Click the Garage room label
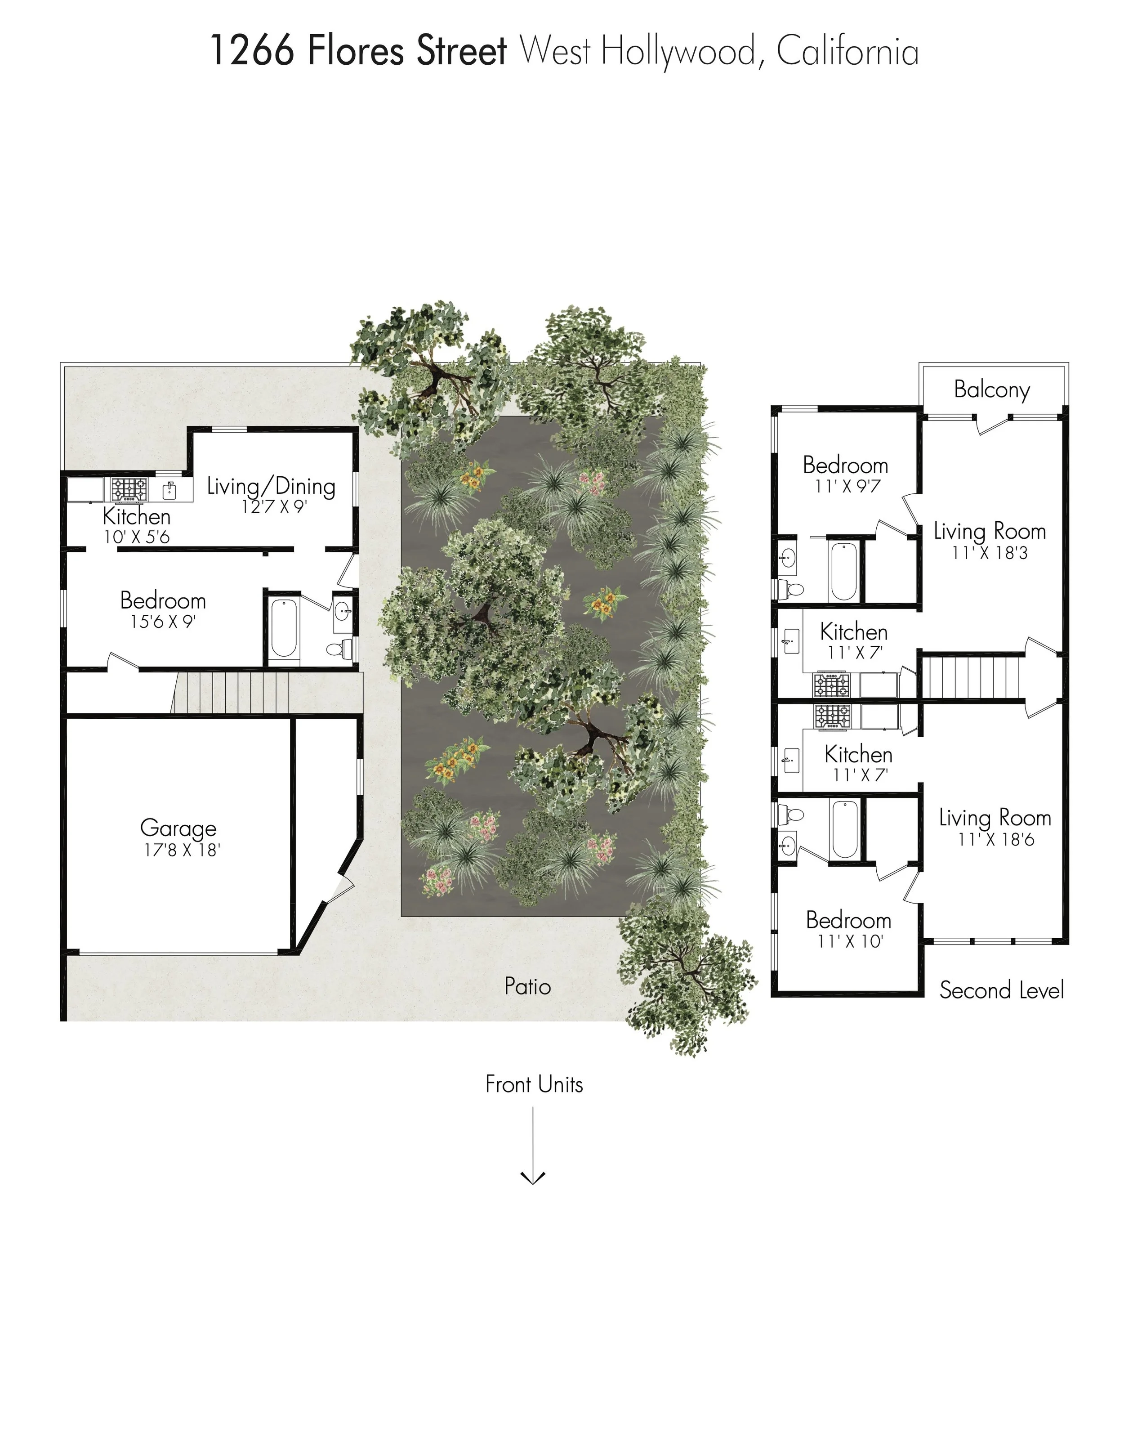178,828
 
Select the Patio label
527,986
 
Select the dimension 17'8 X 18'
182,850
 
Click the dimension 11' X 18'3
990,553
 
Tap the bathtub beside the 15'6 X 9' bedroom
284,629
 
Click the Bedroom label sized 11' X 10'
848,920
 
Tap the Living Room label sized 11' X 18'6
995,818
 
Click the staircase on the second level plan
971,677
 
